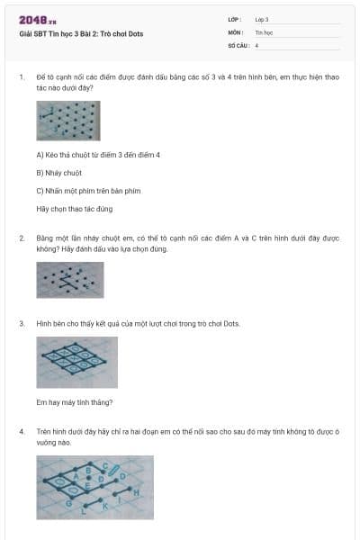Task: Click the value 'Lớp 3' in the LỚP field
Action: pos(263,19)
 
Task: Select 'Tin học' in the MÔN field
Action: pos(264,31)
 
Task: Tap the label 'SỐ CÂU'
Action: pos(238,44)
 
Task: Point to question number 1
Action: pos(21,77)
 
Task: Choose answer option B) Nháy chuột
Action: pos(59,172)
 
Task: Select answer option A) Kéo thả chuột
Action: pos(98,155)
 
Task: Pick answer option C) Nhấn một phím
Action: pos(88,190)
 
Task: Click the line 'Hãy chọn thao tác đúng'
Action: pos(75,209)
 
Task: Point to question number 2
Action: pos(21,238)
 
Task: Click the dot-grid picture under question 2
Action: pos(70,279)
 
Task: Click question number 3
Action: pos(21,322)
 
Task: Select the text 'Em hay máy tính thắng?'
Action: pos(75,402)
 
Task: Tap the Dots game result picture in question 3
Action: pos(77,362)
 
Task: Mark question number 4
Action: pos(21,431)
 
